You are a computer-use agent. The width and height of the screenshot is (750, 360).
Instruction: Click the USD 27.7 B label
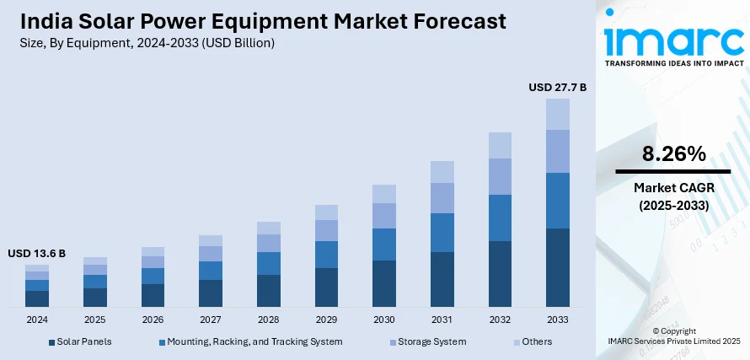557,87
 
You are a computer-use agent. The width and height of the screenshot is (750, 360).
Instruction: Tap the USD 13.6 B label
37,253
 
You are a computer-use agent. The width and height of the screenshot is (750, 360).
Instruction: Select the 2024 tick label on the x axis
37,320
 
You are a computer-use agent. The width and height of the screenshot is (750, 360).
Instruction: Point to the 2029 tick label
326,320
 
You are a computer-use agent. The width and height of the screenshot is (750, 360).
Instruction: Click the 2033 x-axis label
557,320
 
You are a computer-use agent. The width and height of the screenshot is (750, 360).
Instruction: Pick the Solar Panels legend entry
81,341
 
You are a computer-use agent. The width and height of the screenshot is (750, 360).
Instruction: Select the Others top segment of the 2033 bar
557,114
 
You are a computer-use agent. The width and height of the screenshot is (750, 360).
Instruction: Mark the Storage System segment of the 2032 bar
500,176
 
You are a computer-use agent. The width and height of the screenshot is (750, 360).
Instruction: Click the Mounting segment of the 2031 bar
442,232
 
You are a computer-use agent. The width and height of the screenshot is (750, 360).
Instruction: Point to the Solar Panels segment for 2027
211,293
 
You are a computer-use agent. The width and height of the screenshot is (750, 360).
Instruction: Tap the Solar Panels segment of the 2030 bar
383,283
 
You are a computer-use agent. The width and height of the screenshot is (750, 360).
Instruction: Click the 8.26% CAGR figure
672,154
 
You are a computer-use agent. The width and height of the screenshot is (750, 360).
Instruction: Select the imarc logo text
674,40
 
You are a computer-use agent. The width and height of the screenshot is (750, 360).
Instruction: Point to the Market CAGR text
672,188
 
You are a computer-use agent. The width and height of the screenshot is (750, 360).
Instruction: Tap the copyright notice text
673,336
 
